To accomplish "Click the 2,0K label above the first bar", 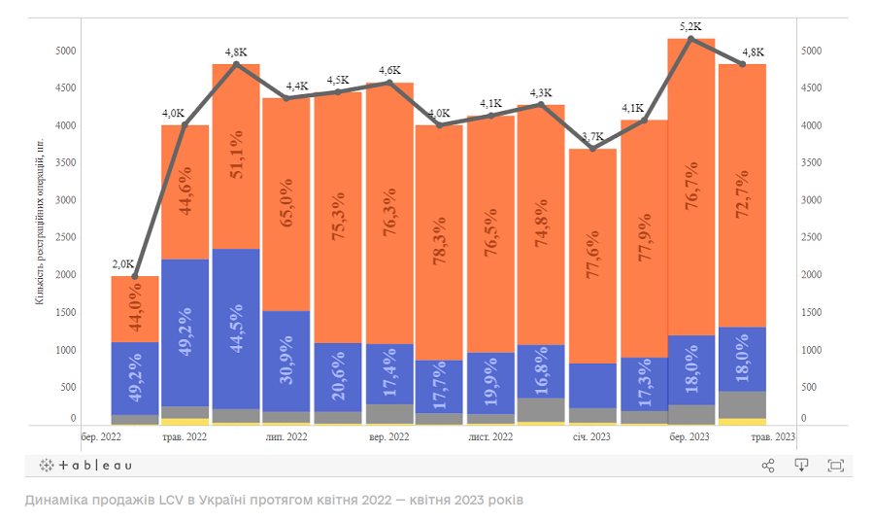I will pyautogui.click(x=122, y=264).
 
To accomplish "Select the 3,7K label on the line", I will pyautogui.click(x=591, y=136).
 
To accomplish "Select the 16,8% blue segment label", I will pyautogui.click(x=541, y=373).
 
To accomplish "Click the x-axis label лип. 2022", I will pyautogui.click(x=286, y=438).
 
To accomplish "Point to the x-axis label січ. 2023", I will pyautogui.click(x=591, y=438).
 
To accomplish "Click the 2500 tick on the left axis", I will pyautogui.click(x=66, y=238).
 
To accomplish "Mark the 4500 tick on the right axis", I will pyautogui.click(x=810, y=88).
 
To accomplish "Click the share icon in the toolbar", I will pyautogui.click(x=768, y=466).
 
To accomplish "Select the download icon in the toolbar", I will pyautogui.click(x=801, y=466).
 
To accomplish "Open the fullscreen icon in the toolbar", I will pyautogui.click(x=835, y=466).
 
